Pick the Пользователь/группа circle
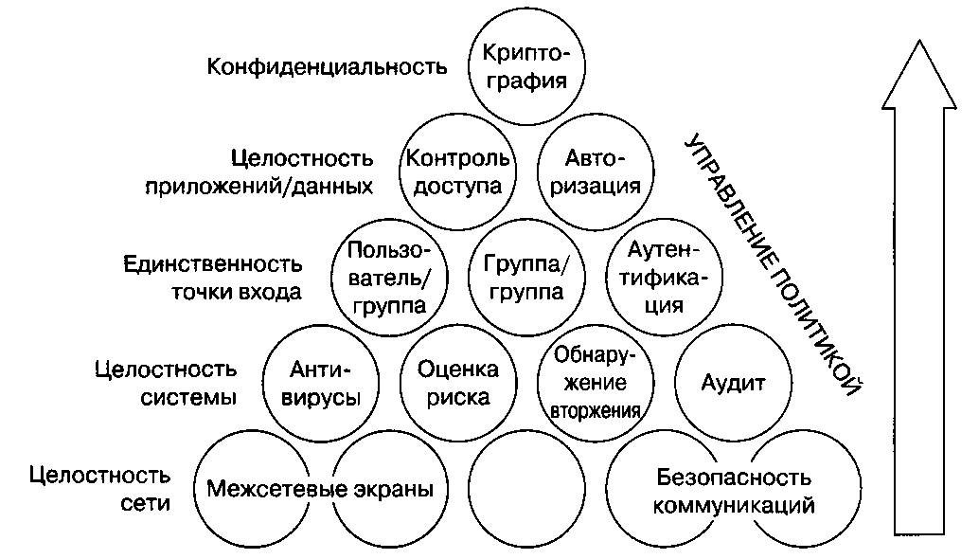(x=389, y=278)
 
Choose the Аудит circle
(x=732, y=383)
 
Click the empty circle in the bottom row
(x=525, y=490)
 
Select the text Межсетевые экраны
(x=319, y=490)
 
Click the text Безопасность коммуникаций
(x=734, y=490)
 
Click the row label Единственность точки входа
(x=214, y=277)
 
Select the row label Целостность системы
(x=167, y=382)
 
